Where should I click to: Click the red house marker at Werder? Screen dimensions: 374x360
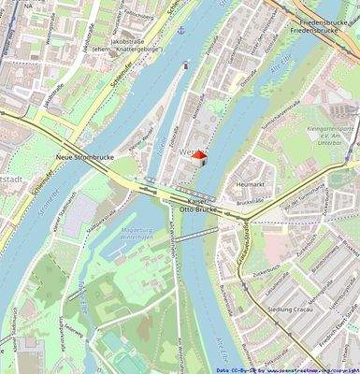click(x=198, y=156)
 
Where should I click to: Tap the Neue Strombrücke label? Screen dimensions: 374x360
click(x=84, y=158)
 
